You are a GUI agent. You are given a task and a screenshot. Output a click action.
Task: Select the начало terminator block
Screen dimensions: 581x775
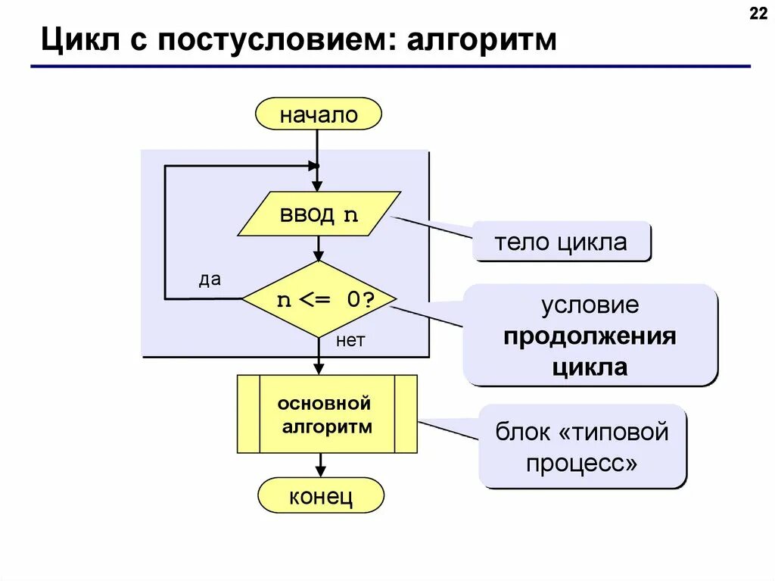click(x=318, y=115)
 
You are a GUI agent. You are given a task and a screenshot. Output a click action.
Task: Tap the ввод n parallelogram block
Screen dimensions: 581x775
click(x=319, y=214)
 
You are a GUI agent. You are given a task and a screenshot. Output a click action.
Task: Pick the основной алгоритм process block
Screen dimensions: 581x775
click(x=327, y=414)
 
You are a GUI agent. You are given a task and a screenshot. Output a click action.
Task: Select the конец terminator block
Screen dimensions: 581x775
click(x=320, y=497)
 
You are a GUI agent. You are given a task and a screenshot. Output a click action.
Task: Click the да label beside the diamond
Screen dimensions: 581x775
click(x=210, y=280)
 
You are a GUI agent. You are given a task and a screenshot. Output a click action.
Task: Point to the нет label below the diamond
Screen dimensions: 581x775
click(x=350, y=341)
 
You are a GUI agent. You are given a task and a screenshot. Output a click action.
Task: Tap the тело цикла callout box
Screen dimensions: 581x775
click(x=561, y=242)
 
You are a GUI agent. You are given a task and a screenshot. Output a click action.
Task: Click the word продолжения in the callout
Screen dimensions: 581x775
click(x=590, y=336)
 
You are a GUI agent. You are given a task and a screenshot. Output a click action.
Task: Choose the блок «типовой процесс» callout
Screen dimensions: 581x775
click(x=582, y=447)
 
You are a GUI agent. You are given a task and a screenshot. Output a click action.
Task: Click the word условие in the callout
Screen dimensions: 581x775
click(x=590, y=305)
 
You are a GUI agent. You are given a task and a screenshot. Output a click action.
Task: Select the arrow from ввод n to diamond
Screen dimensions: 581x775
click(x=319, y=248)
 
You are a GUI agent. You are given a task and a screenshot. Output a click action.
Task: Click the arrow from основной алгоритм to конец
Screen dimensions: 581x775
click(x=321, y=465)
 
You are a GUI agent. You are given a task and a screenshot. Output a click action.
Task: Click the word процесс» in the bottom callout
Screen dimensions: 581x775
click(x=582, y=463)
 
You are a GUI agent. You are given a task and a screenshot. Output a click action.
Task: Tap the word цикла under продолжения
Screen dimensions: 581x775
click(x=590, y=367)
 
